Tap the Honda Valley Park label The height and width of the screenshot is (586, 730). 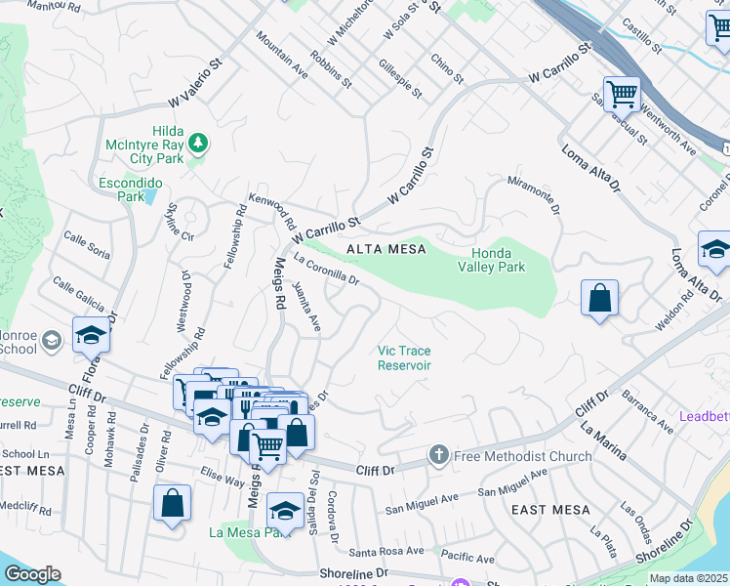[x=492, y=260]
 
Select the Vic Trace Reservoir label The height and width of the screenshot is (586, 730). [x=405, y=357]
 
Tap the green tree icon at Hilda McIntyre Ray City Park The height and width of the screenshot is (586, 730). [x=198, y=144]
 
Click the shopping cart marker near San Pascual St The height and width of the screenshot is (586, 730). [x=622, y=94]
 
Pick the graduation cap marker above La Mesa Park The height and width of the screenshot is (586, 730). [x=285, y=509]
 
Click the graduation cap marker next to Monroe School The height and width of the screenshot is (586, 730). [x=91, y=335]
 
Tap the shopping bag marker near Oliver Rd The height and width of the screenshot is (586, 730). [x=172, y=504]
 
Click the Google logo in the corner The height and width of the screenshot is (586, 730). [x=32, y=573]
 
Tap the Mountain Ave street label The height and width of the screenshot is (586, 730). [x=282, y=53]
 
